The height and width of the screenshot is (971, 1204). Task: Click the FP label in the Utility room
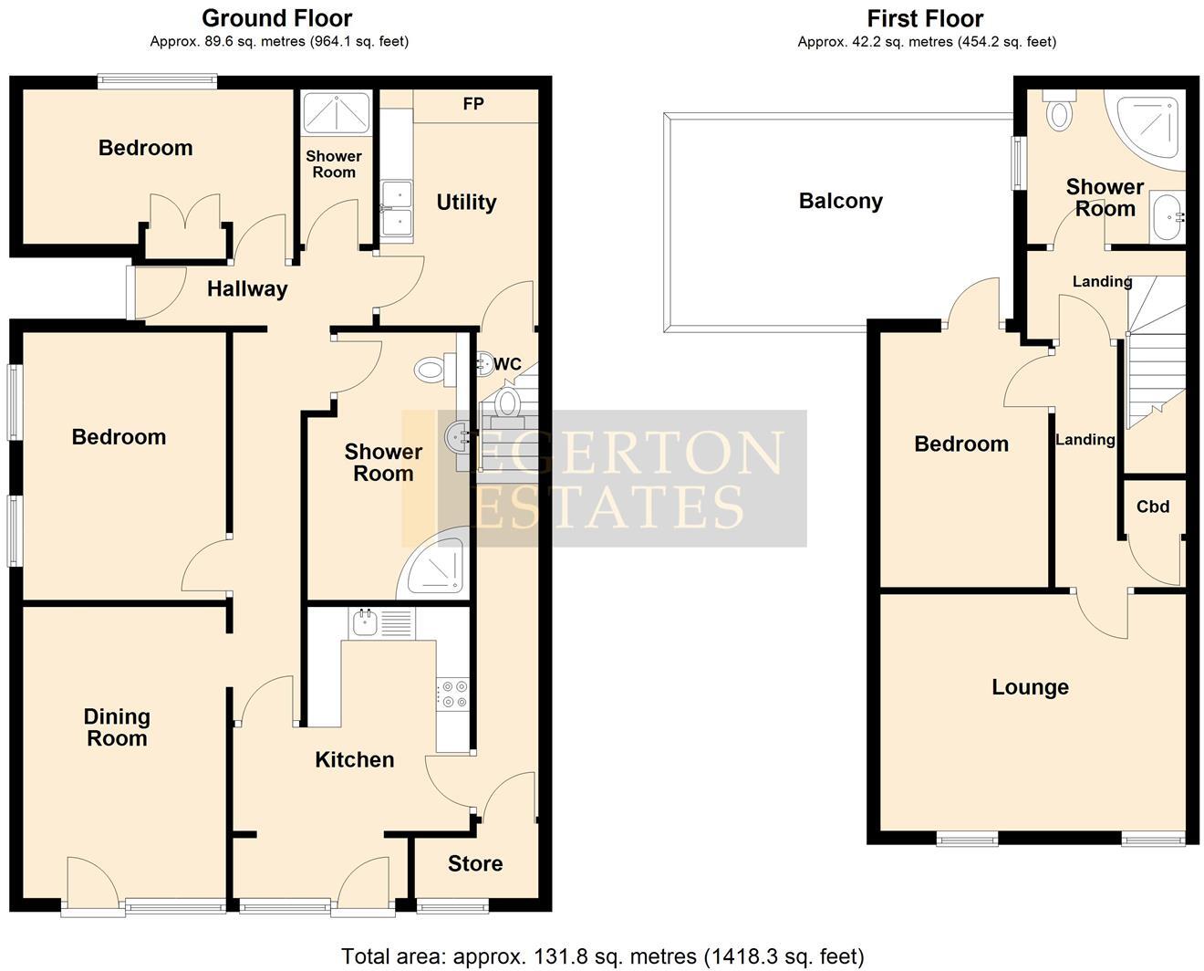(x=472, y=104)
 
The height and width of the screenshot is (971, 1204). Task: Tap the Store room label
(x=474, y=863)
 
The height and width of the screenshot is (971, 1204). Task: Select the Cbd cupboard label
(x=1152, y=506)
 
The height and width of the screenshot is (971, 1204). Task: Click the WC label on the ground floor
(x=506, y=365)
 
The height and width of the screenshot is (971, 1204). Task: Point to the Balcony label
(x=840, y=201)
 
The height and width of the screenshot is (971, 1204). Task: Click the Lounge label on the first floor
(x=1030, y=687)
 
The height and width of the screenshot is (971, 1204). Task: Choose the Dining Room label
(x=117, y=727)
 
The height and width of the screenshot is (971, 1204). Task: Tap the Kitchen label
(x=354, y=759)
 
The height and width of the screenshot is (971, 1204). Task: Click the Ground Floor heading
(x=276, y=18)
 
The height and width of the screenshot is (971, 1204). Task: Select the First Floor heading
(x=925, y=18)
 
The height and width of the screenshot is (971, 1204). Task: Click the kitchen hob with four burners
(x=453, y=694)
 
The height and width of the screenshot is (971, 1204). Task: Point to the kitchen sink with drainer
(x=381, y=623)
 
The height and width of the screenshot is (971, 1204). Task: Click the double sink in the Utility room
(x=397, y=210)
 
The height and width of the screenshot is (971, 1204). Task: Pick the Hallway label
(x=246, y=289)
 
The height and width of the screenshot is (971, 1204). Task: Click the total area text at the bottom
(x=602, y=955)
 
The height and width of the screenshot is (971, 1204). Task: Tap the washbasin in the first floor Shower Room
(x=1166, y=217)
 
